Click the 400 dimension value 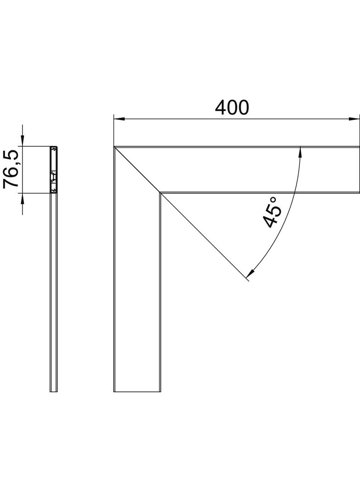(x=232, y=107)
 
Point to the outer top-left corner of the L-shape (x=114, y=147)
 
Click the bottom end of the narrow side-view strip (x=54, y=391)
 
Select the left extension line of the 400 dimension (x=113, y=131)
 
